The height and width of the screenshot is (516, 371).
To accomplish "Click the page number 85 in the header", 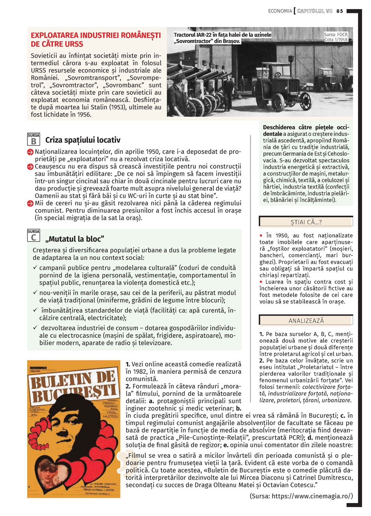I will pyautogui.click(x=340, y=11).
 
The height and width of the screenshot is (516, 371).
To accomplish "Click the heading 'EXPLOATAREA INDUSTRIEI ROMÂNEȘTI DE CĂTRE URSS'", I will pyautogui.click(x=96, y=40).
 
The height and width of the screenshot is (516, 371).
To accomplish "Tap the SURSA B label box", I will pyautogui.click(x=33, y=139).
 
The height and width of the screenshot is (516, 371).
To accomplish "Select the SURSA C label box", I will pyautogui.click(x=33, y=235).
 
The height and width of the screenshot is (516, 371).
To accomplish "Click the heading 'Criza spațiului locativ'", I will pyautogui.click(x=83, y=140).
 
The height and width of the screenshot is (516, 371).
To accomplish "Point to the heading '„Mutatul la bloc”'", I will pyautogui.click(x=75, y=239).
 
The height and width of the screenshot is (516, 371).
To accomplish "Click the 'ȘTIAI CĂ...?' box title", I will pyautogui.click(x=306, y=222).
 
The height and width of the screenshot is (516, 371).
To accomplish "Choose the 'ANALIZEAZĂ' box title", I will pyautogui.click(x=306, y=320).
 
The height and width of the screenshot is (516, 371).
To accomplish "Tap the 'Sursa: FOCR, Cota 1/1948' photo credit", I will pyautogui.click(x=336, y=37).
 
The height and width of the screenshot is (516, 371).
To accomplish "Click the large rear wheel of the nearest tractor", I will pyautogui.click(x=277, y=101).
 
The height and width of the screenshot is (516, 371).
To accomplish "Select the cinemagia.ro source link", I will pyautogui.click(x=301, y=496).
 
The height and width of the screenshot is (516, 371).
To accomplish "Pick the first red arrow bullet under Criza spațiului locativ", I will pyautogui.click(x=30, y=152).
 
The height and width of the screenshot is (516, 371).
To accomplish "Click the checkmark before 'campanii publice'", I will pyautogui.click(x=35, y=268).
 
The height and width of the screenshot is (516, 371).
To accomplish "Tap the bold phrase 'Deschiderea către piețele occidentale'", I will pyautogui.click(x=306, y=130).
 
